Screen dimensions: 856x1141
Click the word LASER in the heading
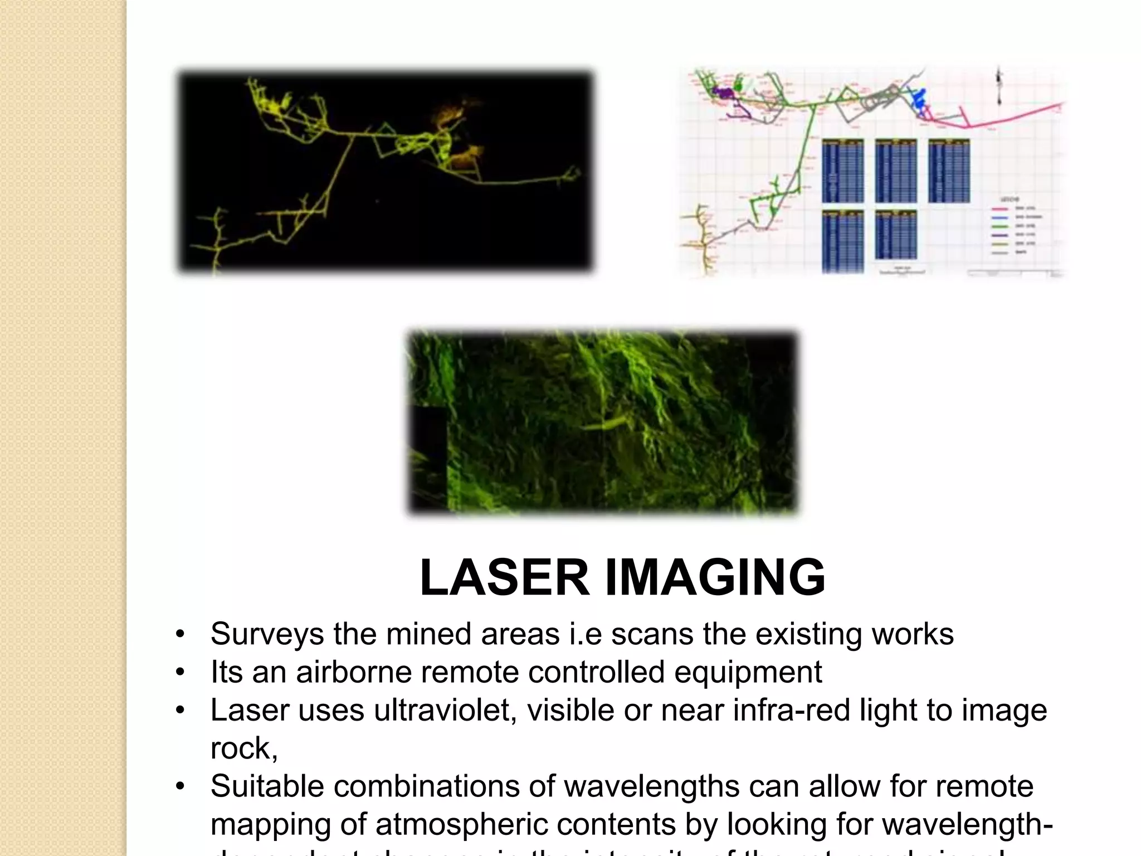tap(504, 578)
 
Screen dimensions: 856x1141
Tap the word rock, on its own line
tap(244, 748)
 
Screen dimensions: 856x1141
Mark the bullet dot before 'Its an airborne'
tap(179, 673)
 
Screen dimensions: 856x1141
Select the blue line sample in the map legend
tap(1002, 218)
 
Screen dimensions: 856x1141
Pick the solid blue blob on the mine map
tap(918, 101)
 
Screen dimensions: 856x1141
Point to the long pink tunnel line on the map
tap(1014, 115)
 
